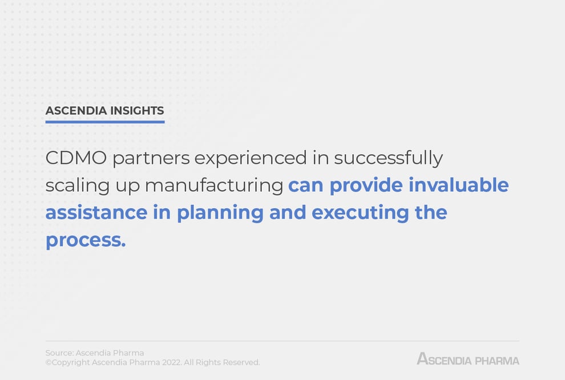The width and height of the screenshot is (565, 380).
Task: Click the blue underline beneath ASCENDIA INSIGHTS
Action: tap(105, 122)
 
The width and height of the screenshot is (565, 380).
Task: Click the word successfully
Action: tap(388, 158)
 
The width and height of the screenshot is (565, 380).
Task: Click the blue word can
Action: tap(306, 185)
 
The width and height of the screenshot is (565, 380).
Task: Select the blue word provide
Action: tap(368, 185)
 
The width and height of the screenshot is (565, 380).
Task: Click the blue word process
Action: tap(85, 240)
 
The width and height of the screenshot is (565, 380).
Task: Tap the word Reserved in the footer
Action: tap(241, 362)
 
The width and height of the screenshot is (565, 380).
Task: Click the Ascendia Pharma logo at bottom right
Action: tap(468, 359)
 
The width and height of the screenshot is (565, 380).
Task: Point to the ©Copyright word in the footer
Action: tap(67, 362)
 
